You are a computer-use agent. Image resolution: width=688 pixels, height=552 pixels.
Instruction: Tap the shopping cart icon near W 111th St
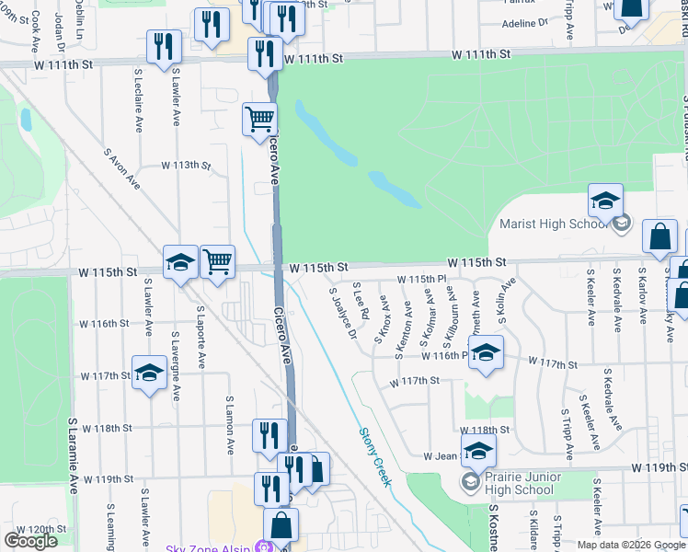[259, 119]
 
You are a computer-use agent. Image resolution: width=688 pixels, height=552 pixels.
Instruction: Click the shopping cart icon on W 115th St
[217, 262]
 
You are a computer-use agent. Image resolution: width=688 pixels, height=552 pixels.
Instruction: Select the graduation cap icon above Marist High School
[605, 201]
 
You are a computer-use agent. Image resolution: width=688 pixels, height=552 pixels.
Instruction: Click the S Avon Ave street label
[122, 169]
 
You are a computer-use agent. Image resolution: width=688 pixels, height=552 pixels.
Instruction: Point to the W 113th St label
[186, 166]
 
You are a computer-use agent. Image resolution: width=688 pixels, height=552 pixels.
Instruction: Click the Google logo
[30, 541]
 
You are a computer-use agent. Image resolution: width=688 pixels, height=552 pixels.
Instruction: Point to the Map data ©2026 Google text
[631, 545]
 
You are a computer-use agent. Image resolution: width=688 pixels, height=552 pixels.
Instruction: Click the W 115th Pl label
[421, 279]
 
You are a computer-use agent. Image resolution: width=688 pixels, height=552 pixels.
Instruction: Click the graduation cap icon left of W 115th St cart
[180, 262]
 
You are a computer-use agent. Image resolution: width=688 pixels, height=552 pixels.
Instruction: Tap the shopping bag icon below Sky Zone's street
[281, 526]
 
